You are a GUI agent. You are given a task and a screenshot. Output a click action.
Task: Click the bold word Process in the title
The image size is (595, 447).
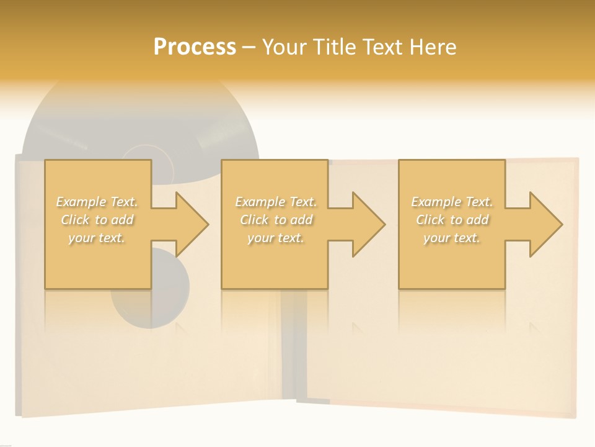click(x=195, y=47)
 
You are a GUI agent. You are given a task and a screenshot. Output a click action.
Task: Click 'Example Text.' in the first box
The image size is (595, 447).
click(x=97, y=202)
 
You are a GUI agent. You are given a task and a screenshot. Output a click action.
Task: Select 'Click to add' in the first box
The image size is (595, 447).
click(x=97, y=220)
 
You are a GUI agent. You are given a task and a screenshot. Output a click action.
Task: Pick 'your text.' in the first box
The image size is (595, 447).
click(x=97, y=238)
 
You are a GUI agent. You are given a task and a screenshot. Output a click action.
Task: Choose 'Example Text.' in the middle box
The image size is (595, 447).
click(x=276, y=202)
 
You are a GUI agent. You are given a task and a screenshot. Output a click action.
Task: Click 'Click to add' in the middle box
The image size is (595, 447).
click(x=276, y=220)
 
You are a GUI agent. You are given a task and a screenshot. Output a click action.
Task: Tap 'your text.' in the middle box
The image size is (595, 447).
click(x=276, y=238)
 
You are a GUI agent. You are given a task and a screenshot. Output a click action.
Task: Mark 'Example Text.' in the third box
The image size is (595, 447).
click(x=452, y=202)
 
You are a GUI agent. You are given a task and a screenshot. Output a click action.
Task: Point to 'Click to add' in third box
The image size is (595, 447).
click(x=452, y=220)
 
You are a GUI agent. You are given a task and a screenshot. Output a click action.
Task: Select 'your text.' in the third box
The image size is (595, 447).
click(x=452, y=238)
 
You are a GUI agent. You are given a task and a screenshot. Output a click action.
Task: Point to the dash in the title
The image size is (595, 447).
click(x=249, y=47)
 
